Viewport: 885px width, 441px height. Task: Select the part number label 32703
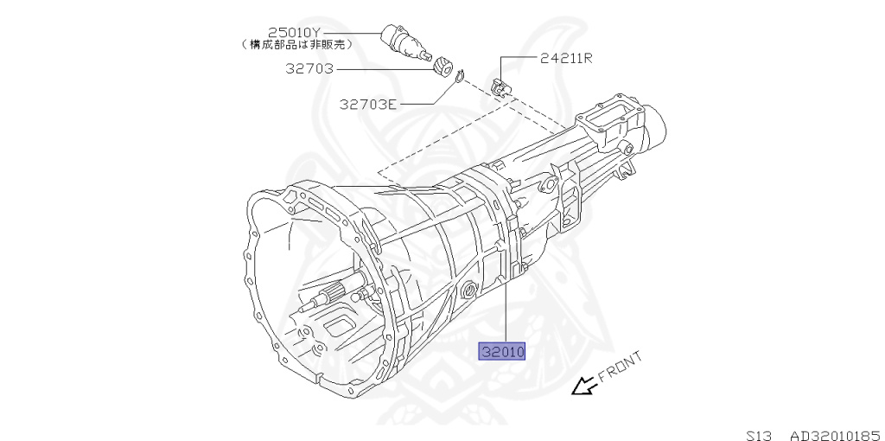[310, 67]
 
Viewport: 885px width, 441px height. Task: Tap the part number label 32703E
[367, 105]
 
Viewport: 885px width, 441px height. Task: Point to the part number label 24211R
[566, 59]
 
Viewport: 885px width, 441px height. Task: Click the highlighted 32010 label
[504, 352]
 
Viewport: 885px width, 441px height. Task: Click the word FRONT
[619, 367]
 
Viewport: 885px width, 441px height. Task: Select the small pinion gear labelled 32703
[445, 66]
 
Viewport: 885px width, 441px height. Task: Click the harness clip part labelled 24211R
[500, 86]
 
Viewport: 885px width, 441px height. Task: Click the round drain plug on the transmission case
[469, 290]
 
